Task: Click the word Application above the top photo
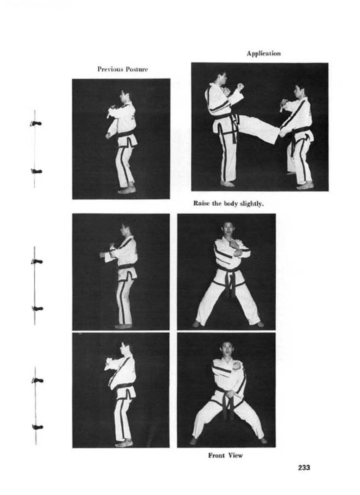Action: tap(264, 54)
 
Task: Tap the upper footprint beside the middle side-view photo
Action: tap(37, 262)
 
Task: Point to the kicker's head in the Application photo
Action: tap(222, 77)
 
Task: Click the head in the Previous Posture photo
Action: tap(125, 95)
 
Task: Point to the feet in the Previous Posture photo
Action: tap(127, 190)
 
